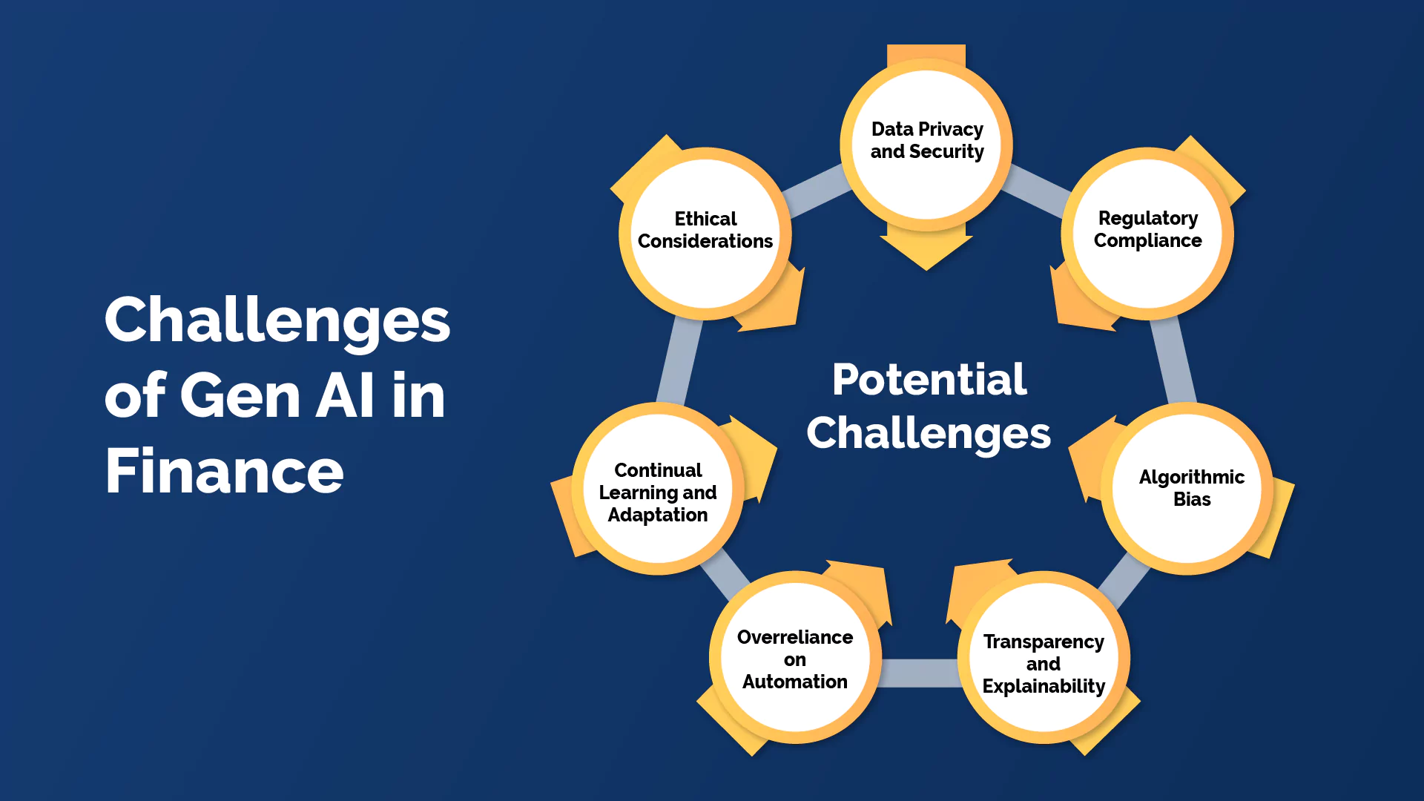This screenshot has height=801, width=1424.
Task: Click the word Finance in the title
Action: (x=224, y=471)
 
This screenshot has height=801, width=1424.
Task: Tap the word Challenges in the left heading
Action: (x=277, y=320)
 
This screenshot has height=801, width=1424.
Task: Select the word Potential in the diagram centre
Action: (x=929, y=380)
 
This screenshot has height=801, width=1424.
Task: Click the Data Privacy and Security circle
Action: (x=926, y=141)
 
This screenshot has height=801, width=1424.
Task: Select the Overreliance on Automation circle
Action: (x=794, y=659)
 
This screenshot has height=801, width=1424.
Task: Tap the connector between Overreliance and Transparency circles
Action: (x=920, y=673)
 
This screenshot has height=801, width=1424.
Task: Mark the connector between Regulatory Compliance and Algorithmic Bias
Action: (x=1174, y=362)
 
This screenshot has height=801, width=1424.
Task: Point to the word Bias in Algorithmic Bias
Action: (x=1192, y=500)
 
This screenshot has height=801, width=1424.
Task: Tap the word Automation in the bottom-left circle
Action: (x=794, y=682)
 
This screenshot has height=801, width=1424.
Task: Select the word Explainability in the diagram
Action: (x=1044, y=686)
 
